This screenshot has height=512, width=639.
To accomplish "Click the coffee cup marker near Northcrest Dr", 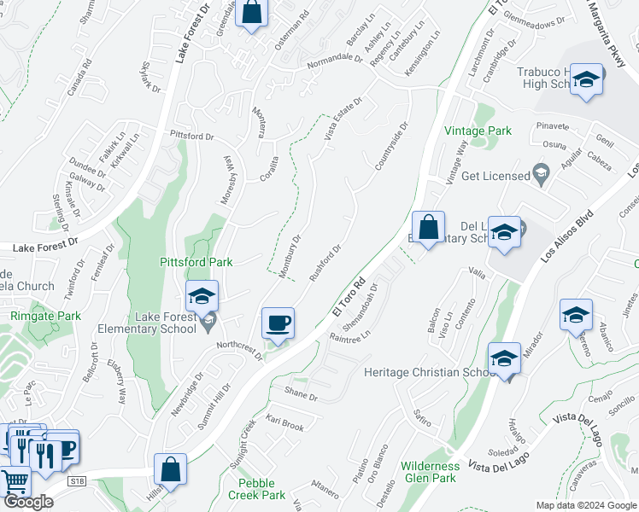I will click(278, 323).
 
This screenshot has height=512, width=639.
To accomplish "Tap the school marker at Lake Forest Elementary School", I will click(202, 297).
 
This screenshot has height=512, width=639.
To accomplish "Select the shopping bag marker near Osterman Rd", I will click(251, 14).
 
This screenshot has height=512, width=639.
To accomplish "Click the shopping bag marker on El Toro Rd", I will click(428, 228).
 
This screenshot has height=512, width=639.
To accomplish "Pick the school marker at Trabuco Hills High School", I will click(586, 80).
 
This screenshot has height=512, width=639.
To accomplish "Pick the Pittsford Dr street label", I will click(191, 135).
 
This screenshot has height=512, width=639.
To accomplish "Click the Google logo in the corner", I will click(28, 502).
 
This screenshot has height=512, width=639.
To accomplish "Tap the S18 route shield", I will click(78, 481).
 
